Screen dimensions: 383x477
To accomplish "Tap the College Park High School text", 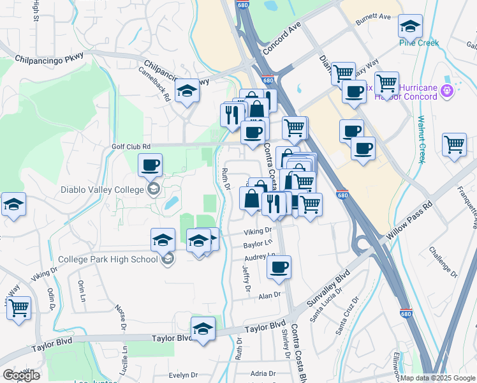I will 108,259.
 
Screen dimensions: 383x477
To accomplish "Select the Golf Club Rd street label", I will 132,146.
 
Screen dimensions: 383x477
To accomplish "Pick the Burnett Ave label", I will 373,17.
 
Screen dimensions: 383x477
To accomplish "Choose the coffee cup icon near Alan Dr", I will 279,267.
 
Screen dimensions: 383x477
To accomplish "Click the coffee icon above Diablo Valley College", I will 150,165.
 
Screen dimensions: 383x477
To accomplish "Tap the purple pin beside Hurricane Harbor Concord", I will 448,91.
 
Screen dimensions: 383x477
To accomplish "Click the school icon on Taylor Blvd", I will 203,329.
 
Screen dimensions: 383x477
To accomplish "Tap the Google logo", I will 21,375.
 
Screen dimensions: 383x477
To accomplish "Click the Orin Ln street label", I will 82,291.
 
